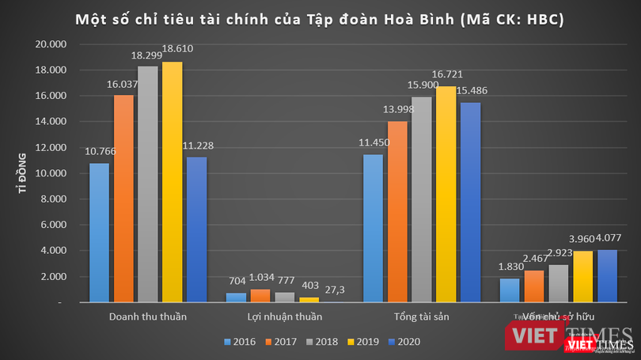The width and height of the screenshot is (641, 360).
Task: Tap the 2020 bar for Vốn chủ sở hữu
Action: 607,276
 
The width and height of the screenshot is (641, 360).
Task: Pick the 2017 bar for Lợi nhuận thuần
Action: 260,296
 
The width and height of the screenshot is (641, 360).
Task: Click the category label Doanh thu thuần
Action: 148,317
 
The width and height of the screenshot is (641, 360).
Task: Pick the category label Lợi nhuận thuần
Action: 285,317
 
